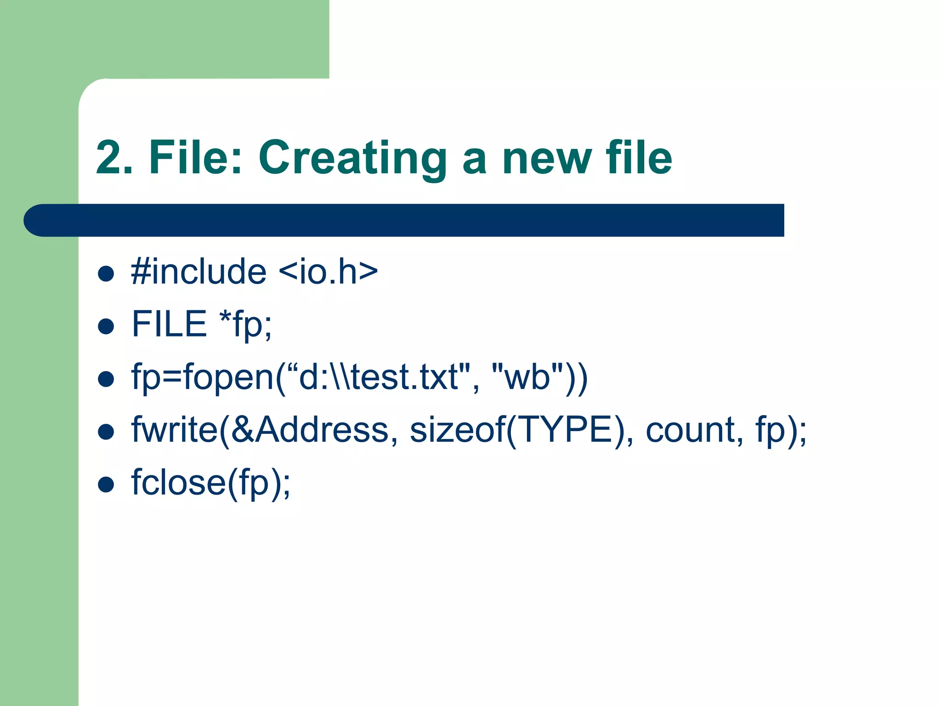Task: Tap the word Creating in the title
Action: point(352,159)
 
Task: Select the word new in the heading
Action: point(547,159)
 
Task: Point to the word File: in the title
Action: point(195,158)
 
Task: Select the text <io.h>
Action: point(328,272)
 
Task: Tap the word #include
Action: point(198,272)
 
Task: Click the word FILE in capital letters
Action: point(169,324)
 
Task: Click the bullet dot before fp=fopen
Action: point(106,379)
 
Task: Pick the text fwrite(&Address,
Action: point(264,430)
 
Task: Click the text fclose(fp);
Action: point(211,483)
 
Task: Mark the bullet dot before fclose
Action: point(106,484)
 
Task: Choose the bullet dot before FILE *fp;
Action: point(106,326)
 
